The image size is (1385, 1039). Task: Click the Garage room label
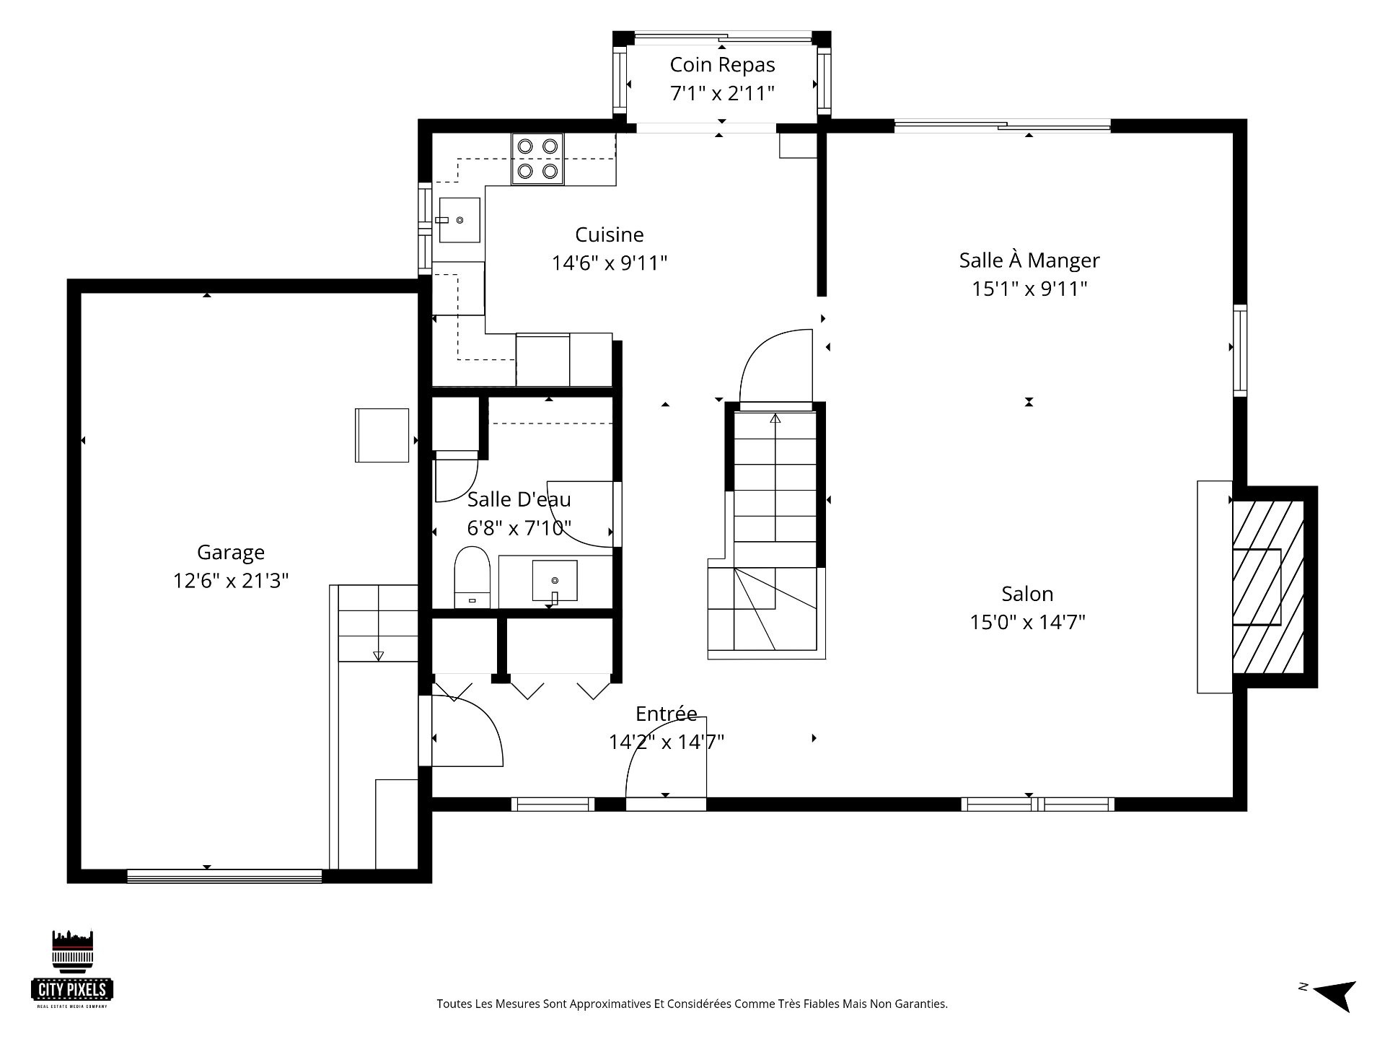(x=231, y=553)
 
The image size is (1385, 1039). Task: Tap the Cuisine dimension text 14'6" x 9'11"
(x=610, y=263)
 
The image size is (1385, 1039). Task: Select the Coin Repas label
(x=722, y=65)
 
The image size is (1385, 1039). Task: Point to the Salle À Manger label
(x=1029, y=260)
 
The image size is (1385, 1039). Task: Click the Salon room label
(x=1027, y=594)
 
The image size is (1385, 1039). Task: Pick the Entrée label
(x=667, y=714)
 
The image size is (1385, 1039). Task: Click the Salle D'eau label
(x=519, y=499)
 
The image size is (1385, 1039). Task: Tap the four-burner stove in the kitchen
(x=537, y=159)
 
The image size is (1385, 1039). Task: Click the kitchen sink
(x=460, y=220)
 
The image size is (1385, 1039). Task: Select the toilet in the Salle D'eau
(x=472, y=577)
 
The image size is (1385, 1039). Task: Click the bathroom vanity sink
(x=555, y=581)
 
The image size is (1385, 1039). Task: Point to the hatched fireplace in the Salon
(x=1267, y=587)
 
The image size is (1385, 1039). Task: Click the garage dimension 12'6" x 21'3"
(x=231, y=581)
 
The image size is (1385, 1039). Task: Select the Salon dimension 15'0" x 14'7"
(x=1027, y=622)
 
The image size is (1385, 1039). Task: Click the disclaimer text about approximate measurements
(x=692, y=1004)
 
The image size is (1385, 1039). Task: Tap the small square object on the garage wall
(x=382, y=435)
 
